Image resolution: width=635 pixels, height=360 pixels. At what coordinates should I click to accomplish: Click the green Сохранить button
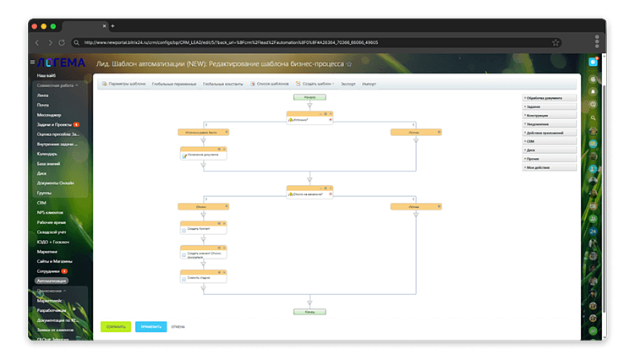[116, 325]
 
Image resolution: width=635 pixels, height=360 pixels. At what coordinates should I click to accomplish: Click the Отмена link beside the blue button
[178, 325]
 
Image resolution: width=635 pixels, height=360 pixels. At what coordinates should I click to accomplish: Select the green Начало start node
[310, 97]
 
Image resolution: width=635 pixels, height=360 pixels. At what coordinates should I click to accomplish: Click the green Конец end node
[310, 311]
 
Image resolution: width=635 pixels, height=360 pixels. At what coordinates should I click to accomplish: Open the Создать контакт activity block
[204, 229]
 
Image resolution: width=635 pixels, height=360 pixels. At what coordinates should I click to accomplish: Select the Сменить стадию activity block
[204, 277]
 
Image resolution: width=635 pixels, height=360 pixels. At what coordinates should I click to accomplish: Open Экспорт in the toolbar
[348, 85]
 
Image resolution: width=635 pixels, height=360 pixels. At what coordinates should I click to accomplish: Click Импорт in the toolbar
[369, 85]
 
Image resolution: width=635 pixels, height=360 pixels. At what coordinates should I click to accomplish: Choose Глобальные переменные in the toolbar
[174, 85]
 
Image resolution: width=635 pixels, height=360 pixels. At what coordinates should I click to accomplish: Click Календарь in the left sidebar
[47, 154]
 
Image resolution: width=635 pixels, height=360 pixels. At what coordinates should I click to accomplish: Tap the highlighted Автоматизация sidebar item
[52, 280]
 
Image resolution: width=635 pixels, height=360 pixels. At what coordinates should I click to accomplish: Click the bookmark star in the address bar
[556, 42]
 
